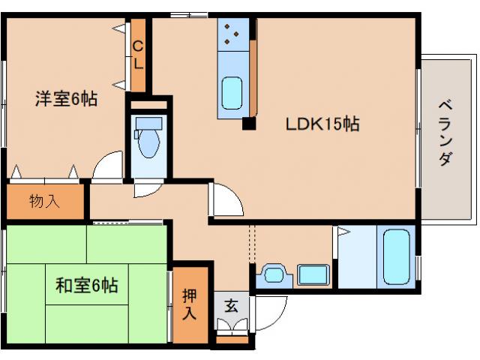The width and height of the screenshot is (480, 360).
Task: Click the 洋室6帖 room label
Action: tap(66, 98)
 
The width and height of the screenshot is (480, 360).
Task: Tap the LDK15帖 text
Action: tap(321, 124)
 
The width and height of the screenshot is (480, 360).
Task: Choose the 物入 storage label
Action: tap(45, 201)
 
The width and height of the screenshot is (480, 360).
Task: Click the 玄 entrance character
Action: tap(230, 306)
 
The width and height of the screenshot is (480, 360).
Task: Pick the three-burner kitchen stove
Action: tap(231, 34)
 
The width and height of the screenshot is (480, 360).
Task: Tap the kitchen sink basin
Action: tap(233, 94)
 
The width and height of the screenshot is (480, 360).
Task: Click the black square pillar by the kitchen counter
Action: tap(248, 124)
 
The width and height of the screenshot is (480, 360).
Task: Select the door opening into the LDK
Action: tap(226, 199)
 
